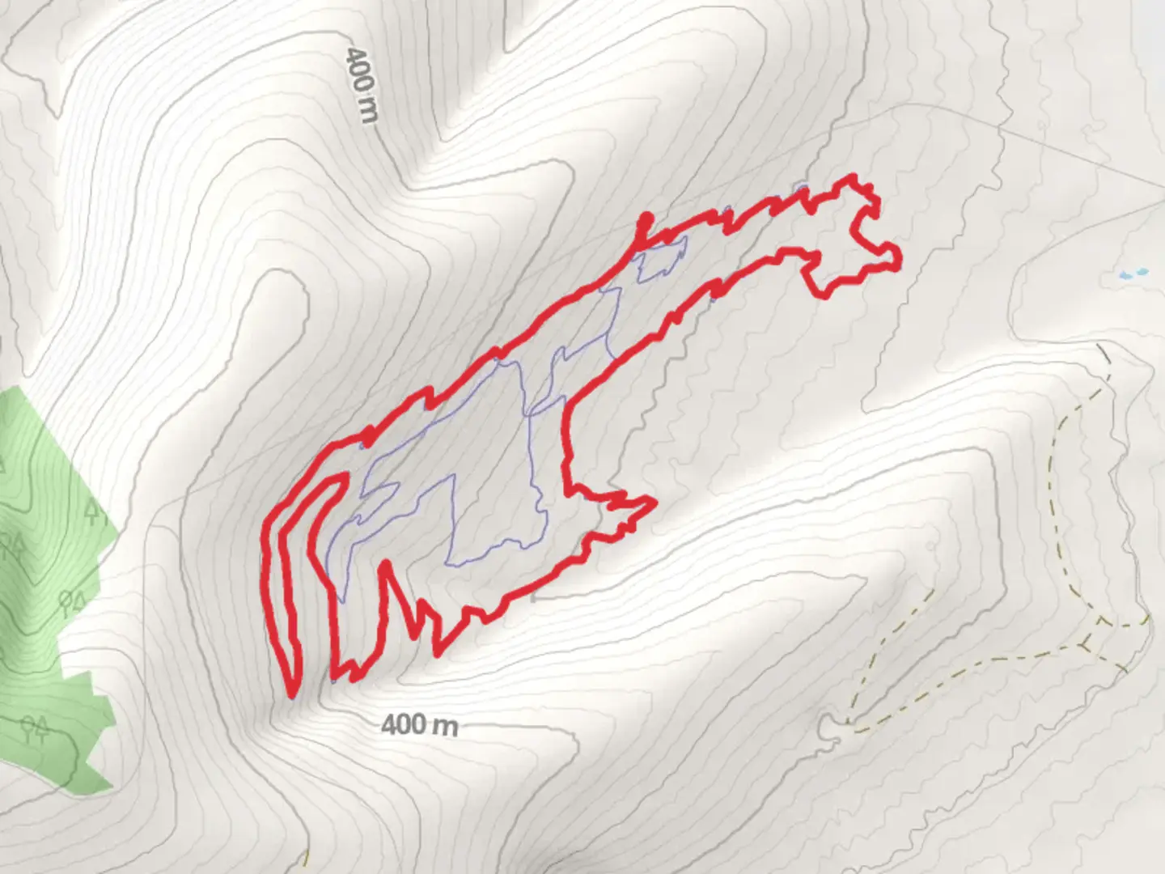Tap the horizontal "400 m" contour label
coord(419,724)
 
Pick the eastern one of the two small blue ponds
coord(1142,271)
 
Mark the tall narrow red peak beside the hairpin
coord(386,566)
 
